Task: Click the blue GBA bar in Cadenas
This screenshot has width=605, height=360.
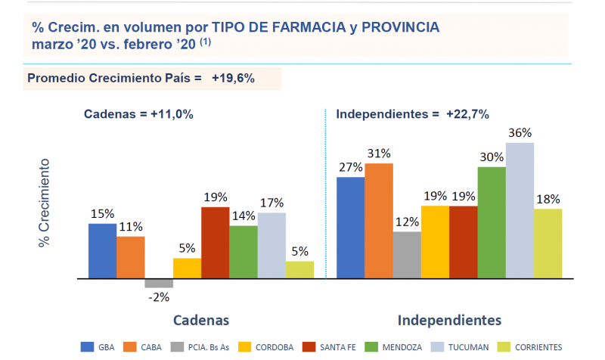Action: pos(102,251)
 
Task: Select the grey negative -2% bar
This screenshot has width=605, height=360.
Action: pos(159,284)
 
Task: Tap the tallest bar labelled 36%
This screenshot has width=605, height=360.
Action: pos(520,210)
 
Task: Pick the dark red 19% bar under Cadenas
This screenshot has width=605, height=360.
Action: pos(215,243)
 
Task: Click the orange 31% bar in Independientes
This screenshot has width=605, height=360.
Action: pos(378,221)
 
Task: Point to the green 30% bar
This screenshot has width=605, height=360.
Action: pos(492,222)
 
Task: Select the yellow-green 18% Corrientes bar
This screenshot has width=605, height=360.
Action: pos(548,244)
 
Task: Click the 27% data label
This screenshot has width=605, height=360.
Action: pos(350,168)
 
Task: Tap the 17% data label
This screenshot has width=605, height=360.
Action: pos(271,203)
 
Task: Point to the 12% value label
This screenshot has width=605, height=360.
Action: pos(406,222)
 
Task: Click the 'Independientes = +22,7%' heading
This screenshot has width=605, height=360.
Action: pos(412,115)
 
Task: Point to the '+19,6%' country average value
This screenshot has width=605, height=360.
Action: pos(233,78)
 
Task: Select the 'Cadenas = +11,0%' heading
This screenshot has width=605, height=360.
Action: pos(138,115)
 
